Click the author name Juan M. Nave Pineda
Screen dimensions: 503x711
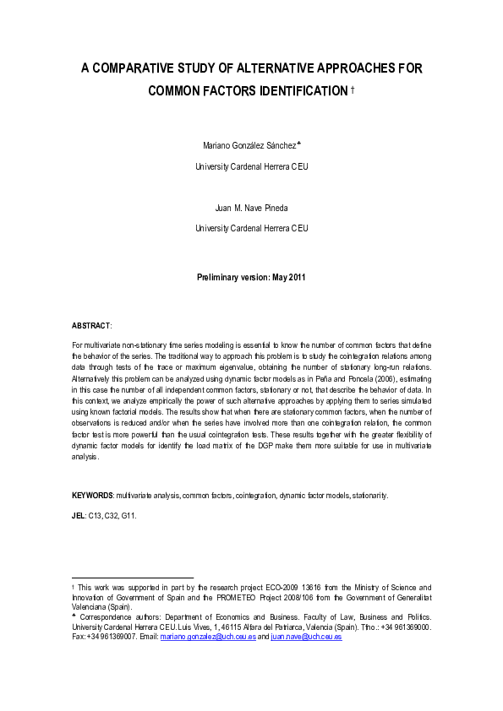pos(251,207)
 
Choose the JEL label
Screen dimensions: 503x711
pos(79,513)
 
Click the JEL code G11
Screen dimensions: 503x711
pos(128,513)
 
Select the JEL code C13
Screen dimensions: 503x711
pos(96,513)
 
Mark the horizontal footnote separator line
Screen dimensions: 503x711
pos(122,577)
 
